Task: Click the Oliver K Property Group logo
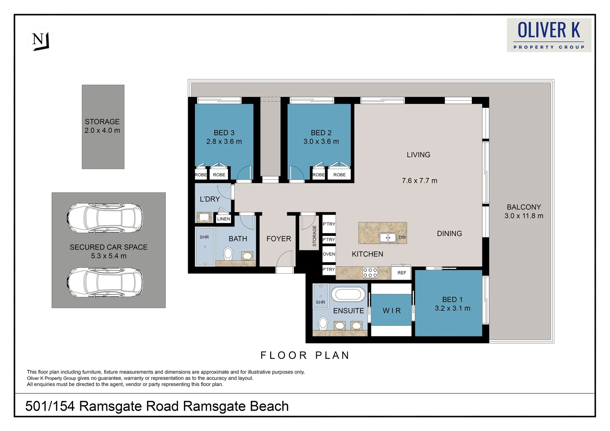click(x=549, y=35)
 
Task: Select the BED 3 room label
click(x=224, y=133)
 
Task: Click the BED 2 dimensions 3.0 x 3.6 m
click(x=321, y=142)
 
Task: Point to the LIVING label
click(x=418, y=155)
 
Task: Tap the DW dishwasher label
click(x=402, y=237)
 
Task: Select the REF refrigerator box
click(x=402, y=273)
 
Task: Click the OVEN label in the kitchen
click(x=329, y=254)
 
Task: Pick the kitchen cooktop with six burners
click(x=370, y=273)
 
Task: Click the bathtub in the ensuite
click(x=348, y=295)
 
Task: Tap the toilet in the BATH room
click(x=228, y=253)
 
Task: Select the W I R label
click(x=391, y=311)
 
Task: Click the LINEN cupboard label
click(x=224, y=219)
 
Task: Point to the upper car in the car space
click(x=105, y=218)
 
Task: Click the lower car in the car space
click(x=105, y=282)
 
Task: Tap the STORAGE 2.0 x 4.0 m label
click(x=102, y=126)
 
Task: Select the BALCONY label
click(x=524, y=207)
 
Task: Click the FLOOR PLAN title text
click(x=305, y=355)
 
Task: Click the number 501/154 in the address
click(x=50, y=406)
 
